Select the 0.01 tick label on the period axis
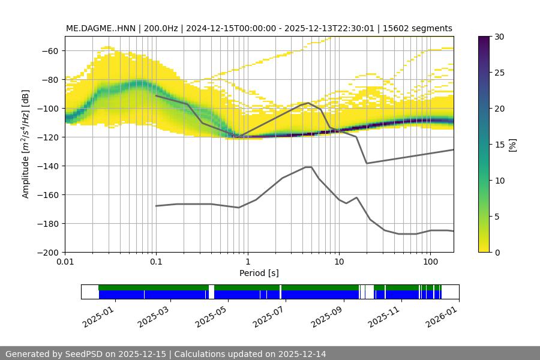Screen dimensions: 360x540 coord(65,262)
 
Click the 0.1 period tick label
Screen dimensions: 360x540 coord(156,262)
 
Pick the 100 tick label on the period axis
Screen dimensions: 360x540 coord(430,262)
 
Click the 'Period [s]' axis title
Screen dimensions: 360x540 coord(259,273)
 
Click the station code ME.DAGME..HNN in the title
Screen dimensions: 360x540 coord(100,28)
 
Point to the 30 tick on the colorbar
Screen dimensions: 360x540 coord(499,37)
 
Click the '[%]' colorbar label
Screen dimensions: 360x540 coord(512,145)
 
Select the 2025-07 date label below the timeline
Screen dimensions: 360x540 coord(270,316)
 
